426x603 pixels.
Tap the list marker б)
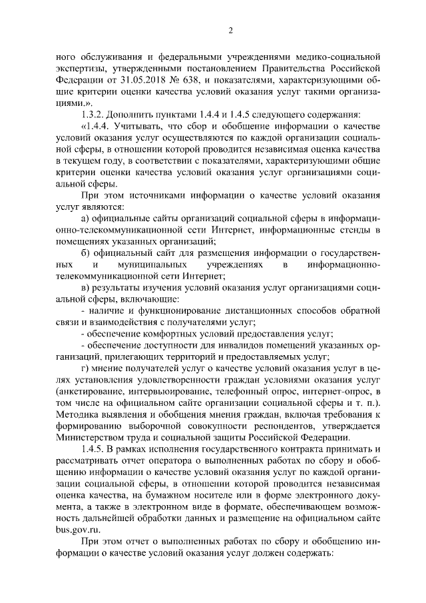85,255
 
